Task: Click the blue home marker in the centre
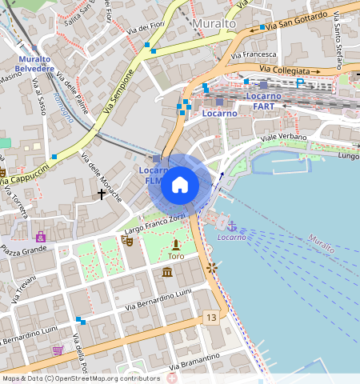(180, 185)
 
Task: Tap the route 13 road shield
(210, 318)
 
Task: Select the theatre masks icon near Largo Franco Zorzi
(126, 239)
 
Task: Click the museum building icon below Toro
(167, 273)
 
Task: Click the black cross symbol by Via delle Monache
(102, 193)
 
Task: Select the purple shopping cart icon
(58, 350)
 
